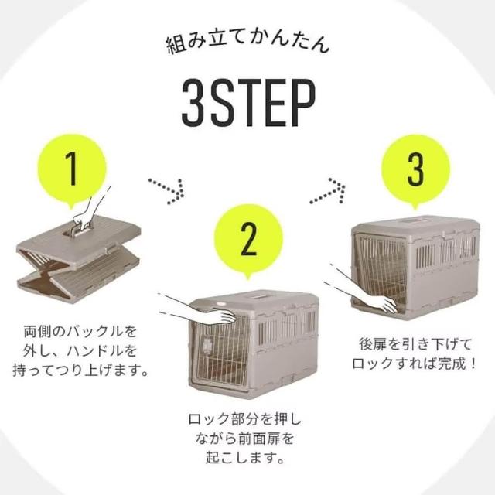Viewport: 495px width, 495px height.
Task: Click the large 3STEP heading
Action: click(248, 103)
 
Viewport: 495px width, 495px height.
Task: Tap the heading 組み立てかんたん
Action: click(247, 43)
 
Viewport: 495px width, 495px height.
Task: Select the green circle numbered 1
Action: click(72, 170)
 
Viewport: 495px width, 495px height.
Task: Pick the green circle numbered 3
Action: click(415, 170)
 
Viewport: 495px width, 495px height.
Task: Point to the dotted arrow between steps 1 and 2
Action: click(167, 191)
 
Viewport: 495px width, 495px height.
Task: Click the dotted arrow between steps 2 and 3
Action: click(328, 190)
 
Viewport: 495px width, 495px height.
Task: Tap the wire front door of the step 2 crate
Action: click(221, 350)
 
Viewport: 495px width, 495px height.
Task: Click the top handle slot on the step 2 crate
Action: click(260, 297)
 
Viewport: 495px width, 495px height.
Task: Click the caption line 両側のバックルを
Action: click(80, 332)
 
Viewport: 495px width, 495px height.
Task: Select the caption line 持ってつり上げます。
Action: click(80, 370)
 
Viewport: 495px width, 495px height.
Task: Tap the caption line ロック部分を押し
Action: click(245, 419)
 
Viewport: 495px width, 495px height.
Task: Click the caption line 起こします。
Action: click(245, 457)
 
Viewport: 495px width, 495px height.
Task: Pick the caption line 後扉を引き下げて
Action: click(415, 344)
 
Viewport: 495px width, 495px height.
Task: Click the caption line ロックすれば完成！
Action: click(415, 364)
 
